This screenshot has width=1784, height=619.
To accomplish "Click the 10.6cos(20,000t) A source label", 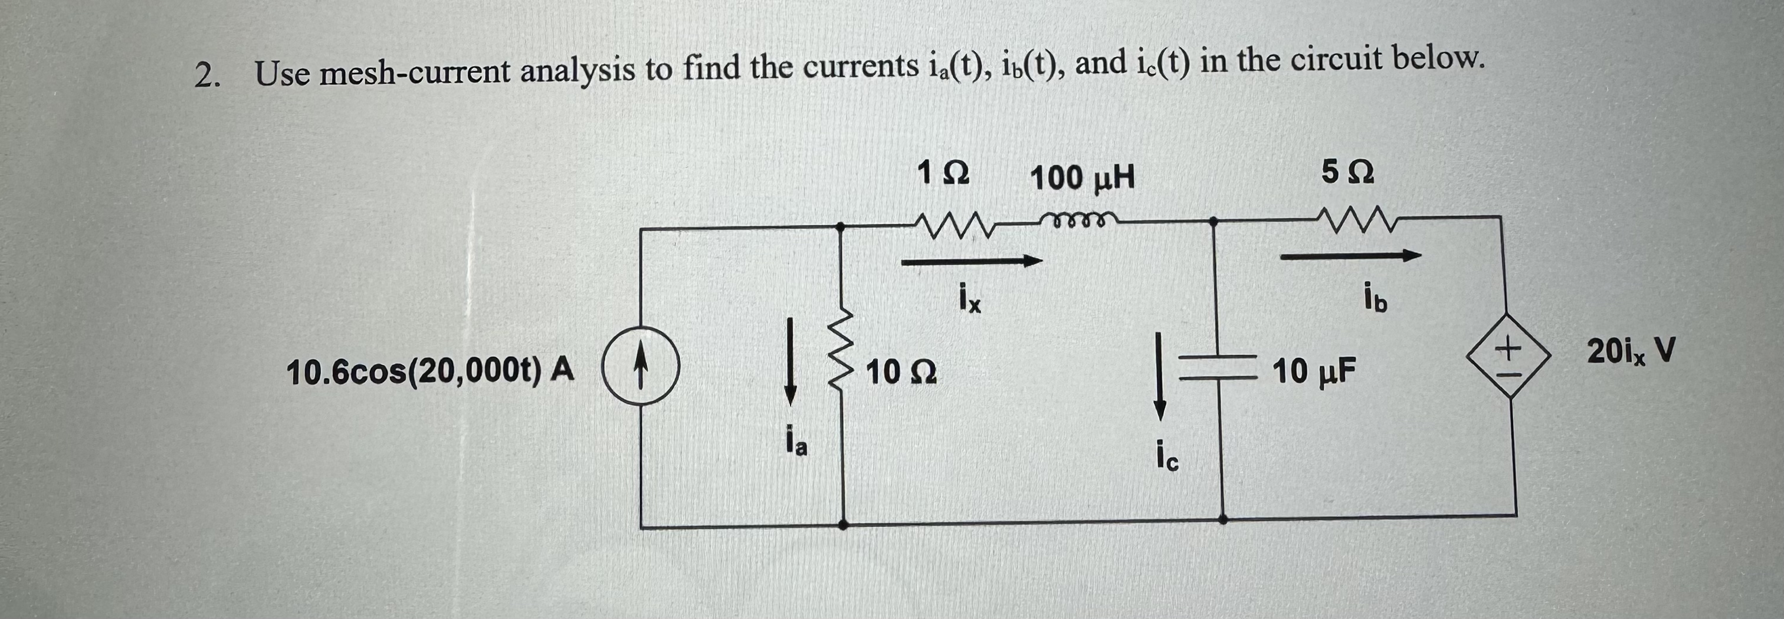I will (430, 372).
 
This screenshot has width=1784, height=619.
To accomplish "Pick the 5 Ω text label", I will (1347, 172).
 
